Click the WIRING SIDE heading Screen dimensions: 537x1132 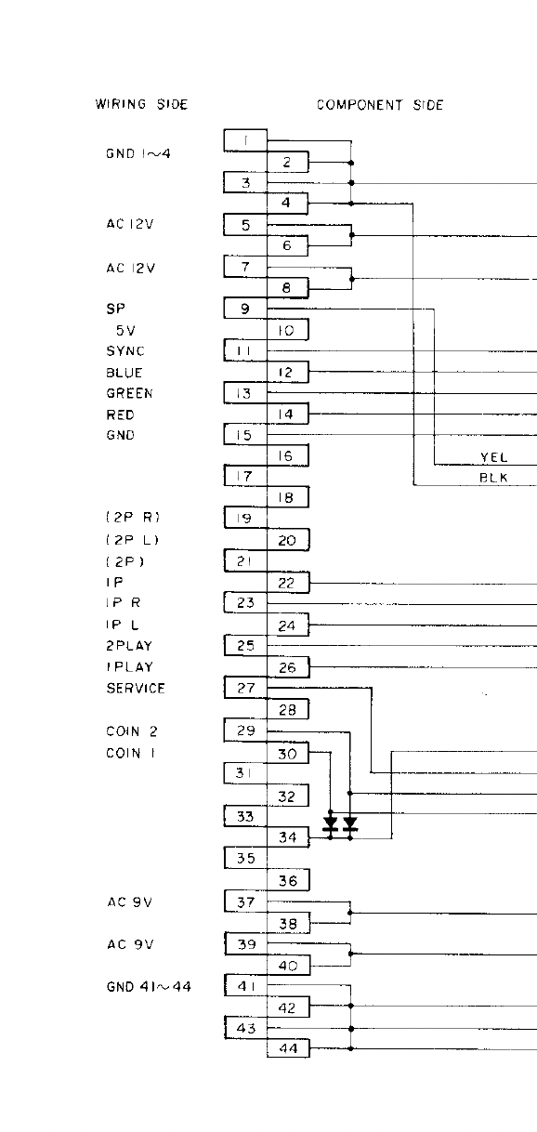(x=141, y=104)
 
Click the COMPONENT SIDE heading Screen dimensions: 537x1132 (x=380, y=105)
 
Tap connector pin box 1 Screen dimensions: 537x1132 (x=245, y=140)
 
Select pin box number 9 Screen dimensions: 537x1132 (x=245, y=309)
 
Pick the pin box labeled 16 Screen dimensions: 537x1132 (x=287, y=455)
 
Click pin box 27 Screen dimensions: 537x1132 (x=245, y=688)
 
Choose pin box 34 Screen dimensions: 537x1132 (x=288, y=837)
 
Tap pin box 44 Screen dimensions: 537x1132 (x=288, y=1048)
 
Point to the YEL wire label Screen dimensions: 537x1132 (x=493, y=457)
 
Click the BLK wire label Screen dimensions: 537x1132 (x=493, y=478)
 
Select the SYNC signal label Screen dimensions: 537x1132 (x=125, y=350)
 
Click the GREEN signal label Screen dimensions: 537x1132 (x=129, y=393)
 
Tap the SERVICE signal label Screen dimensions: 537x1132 (x=136, y=689)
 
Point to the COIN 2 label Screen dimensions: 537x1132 (x=132, y=731)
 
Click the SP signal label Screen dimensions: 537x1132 (x=116, y=309)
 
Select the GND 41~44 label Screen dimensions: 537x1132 (x=149, y=986)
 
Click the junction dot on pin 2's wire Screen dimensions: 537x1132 (x=351, y=163)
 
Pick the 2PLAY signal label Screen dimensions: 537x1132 (x=129, y=646)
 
